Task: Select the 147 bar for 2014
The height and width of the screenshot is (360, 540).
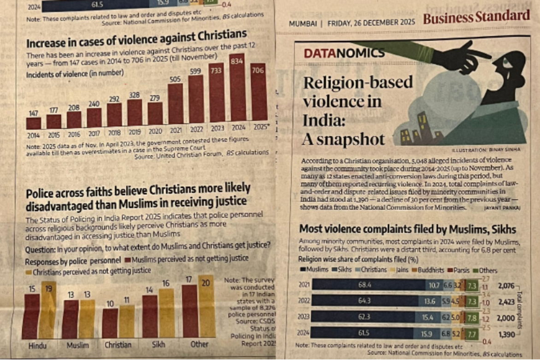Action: tap(34, 123)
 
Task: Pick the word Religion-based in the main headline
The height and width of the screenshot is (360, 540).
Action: tap(358, 82)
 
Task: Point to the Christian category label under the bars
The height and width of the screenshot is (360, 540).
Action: tap(118, 344)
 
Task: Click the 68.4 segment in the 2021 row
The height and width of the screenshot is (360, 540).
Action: tap(365, 285)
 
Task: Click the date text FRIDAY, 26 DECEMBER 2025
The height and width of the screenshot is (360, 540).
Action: tap(371, 22)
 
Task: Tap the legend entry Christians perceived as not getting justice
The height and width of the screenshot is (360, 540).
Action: tap(88, 271)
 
